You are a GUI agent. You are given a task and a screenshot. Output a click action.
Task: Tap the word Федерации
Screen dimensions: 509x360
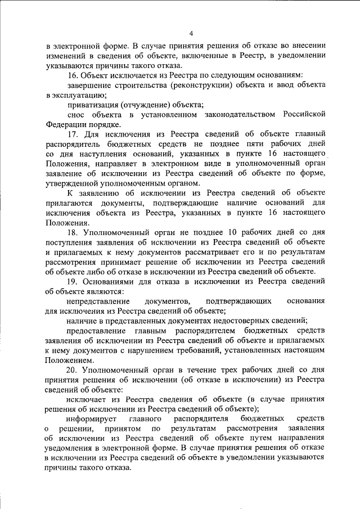point(66,124)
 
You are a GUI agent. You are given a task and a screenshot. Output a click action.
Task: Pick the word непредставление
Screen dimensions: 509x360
point(97,301)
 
